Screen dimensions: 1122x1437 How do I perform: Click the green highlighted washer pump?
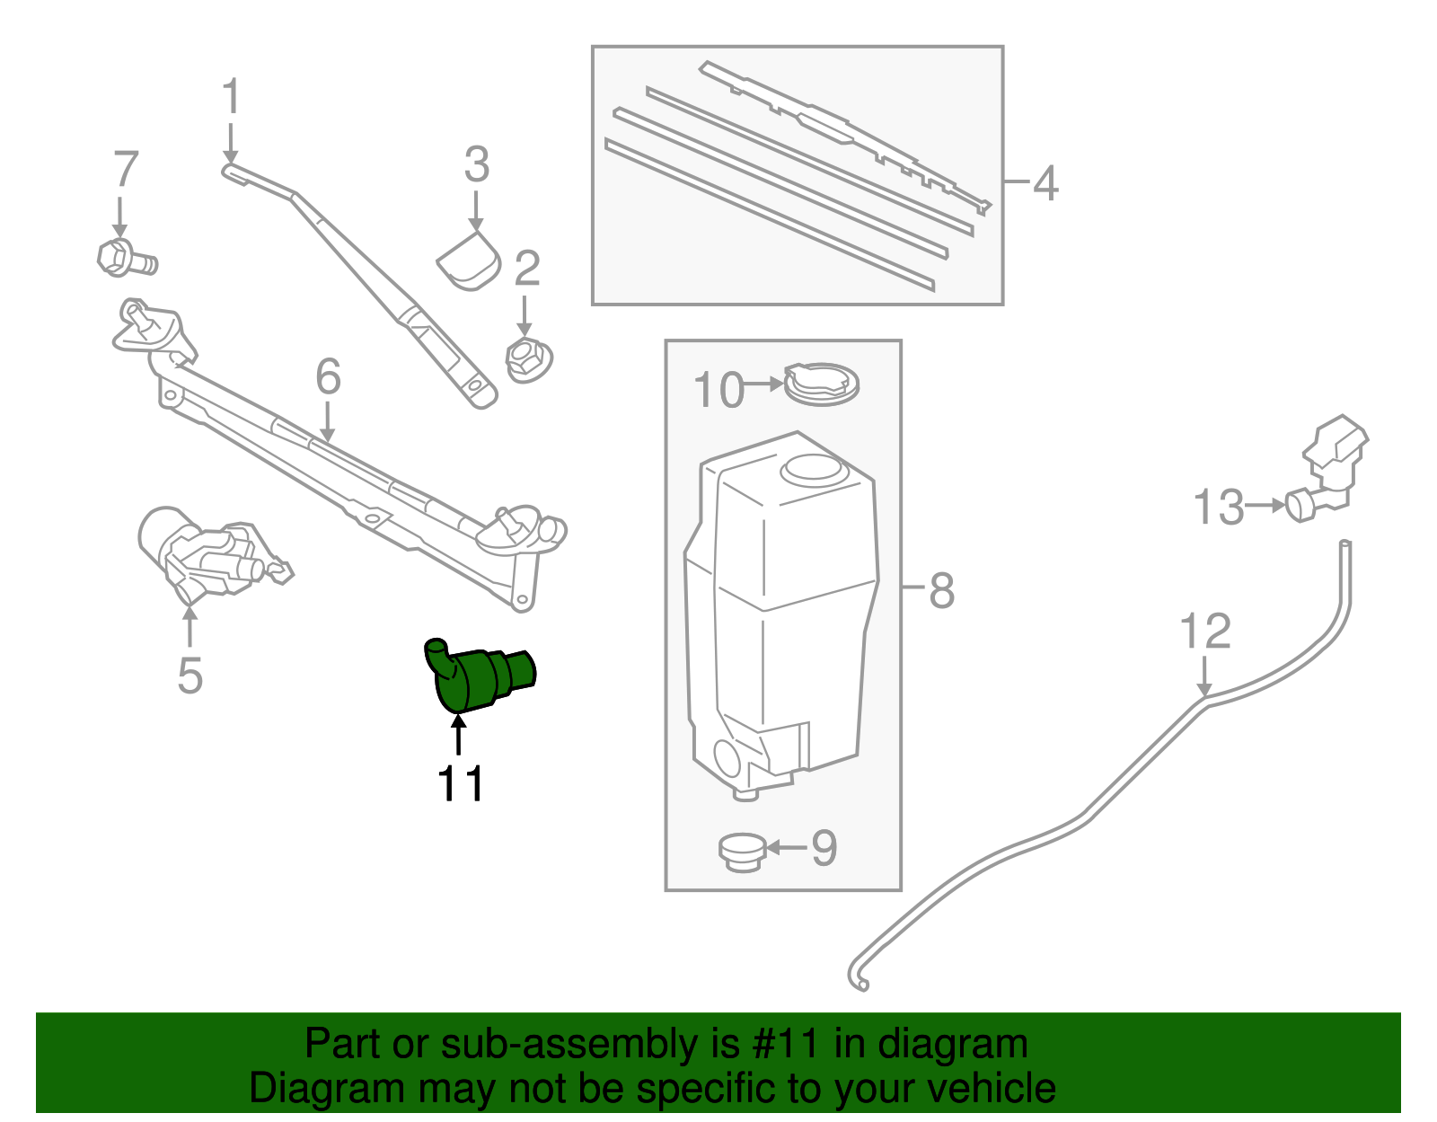pos(476,678)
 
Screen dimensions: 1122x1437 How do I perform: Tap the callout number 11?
pos(460,783)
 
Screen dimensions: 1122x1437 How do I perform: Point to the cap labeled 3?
pos(469,261)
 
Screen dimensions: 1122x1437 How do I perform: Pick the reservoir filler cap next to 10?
pos(821,384)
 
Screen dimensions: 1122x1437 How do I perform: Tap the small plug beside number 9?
pos(741,851)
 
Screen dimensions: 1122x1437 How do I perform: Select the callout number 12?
pos(1204,632)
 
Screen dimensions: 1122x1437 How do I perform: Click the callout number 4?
pos(1045,183)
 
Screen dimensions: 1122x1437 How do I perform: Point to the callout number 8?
pos(940,591)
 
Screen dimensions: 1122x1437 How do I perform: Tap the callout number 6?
pos(328,376)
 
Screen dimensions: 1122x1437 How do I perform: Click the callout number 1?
pos(231,96)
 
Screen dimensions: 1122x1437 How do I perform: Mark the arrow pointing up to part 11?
pos(459,736)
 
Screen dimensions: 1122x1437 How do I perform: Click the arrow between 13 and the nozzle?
pos(1266,505)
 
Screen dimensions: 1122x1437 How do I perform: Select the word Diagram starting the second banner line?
pos(301,1088)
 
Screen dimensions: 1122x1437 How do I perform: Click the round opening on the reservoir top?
pos(812,468)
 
